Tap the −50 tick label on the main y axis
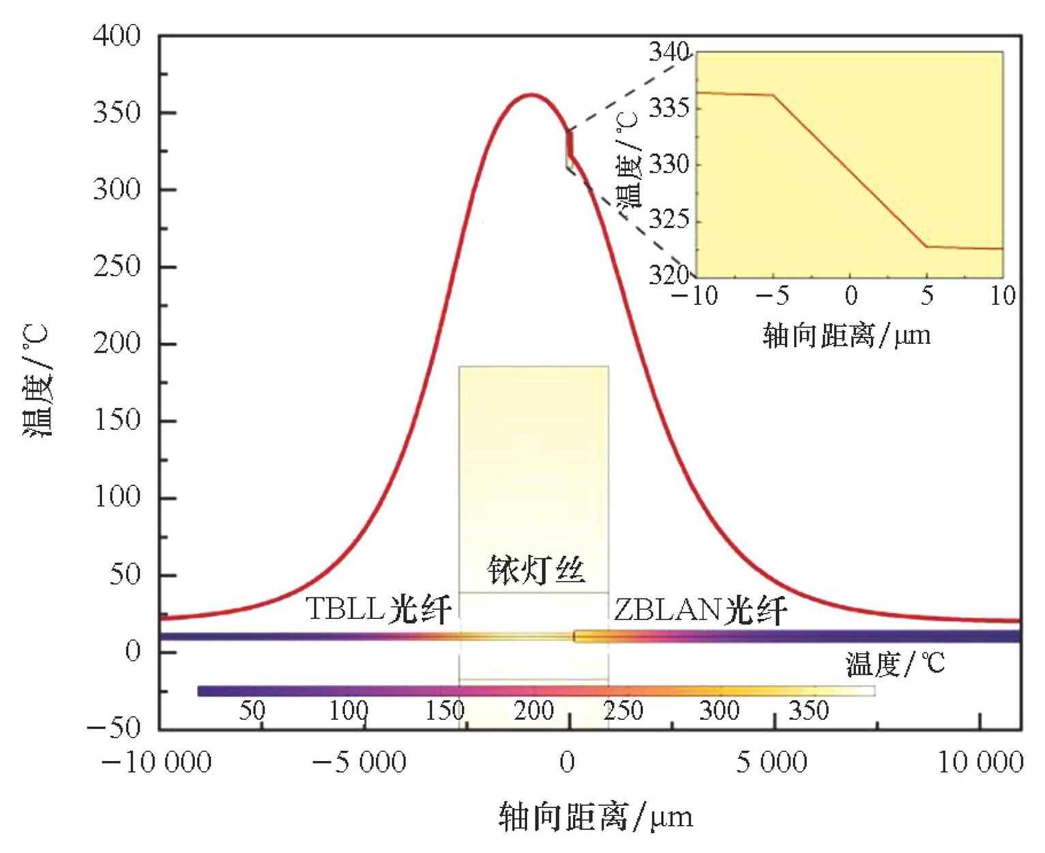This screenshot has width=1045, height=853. pos(113,728)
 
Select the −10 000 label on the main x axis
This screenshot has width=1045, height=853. pos(156,762)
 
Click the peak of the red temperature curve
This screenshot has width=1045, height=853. pos(531,94)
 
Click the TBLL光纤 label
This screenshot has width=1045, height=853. pos(379,609)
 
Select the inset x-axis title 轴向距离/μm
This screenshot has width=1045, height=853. pos(847,336)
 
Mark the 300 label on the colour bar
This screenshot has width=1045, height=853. pos(719,711)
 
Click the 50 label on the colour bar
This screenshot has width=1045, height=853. pos(252,711)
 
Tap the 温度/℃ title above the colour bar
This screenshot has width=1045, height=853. pos(896,663)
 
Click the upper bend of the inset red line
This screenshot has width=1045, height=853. pos(774,96)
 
